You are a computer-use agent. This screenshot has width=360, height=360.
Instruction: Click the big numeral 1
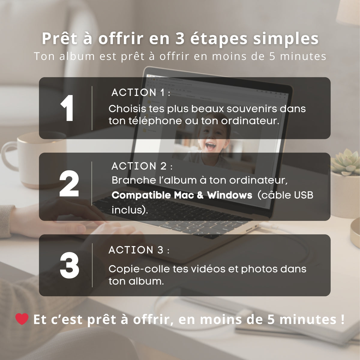pos(67,108)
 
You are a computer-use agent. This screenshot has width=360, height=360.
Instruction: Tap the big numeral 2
pos(69,183)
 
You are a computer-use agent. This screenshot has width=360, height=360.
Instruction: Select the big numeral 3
pos(70,265)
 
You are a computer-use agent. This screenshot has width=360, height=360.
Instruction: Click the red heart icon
pos(22,319)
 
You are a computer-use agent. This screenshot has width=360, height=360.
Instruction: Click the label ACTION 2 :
pos(142,166)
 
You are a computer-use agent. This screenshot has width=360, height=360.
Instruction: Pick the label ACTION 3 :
pos(139,250)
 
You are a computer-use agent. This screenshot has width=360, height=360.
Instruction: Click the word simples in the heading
pos(286,39)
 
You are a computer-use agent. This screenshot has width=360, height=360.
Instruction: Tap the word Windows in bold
pos(229,195)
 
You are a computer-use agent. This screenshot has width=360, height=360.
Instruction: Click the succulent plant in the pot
pos(346,162)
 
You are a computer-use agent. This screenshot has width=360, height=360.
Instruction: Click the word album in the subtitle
pos(77,56)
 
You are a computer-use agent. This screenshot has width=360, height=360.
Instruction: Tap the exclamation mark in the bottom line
pos(342,319)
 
